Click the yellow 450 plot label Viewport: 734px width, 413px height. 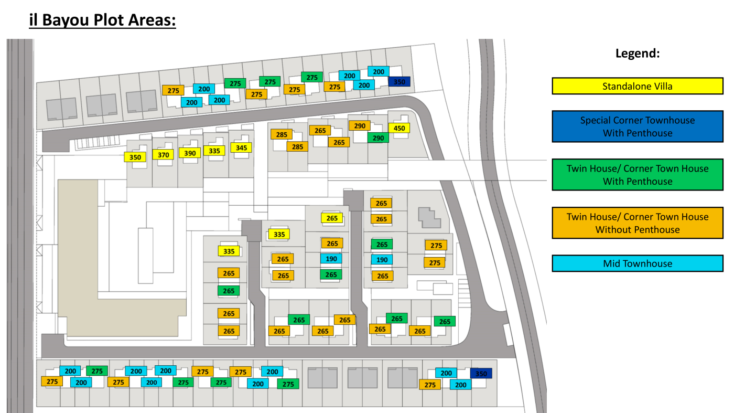[399, 128]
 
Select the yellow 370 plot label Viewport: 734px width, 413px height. [163, 154]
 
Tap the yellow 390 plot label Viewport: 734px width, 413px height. [190, 153]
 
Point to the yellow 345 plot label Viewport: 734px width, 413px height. [241, 147]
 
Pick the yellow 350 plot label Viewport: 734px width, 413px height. [135, 157]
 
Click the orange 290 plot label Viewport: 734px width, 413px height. [360, 125]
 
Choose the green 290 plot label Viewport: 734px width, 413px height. [378, 138]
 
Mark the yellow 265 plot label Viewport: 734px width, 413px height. [332, 218]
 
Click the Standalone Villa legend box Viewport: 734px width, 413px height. [638, 86]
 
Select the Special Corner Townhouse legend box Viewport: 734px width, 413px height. [638, 126]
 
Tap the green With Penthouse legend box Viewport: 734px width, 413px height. [638, 175]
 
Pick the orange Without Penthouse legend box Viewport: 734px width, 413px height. [638, 223]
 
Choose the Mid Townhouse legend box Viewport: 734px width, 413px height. [638, 263]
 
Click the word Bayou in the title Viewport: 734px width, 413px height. [66, 20]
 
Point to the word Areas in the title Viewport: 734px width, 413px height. [152, 20]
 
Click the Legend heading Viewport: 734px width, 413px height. [638, 53]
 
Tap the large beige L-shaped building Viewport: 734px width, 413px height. [79, 262]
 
